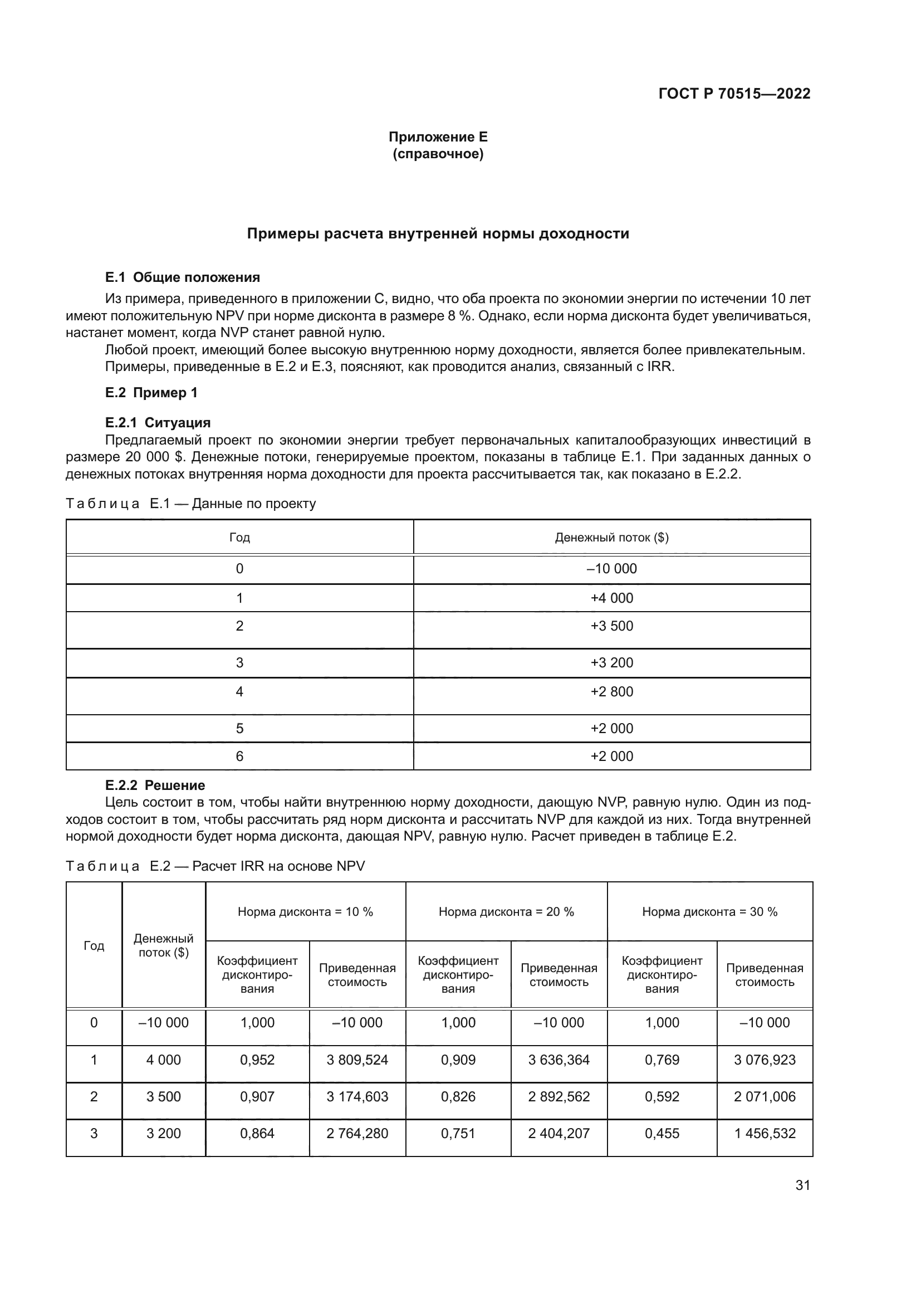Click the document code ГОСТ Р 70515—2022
point(734,94)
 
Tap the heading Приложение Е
point(438,137)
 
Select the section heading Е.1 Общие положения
point(182,277)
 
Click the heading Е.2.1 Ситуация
point(158,422)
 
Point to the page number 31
point(802,1185)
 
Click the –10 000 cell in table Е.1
point(611,569)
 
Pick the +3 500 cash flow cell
point(611,626)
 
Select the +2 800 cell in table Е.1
point(611,691)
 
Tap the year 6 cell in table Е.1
point(239,756)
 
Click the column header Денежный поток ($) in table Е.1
point(611,538)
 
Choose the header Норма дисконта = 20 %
point(506,911)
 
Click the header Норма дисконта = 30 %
point(709,911)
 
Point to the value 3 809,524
point(357,1060)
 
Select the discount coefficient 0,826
point(458,1096)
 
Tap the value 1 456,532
point(765,1133)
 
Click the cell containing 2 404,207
point(559,1133)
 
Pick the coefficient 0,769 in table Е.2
point(662,1060)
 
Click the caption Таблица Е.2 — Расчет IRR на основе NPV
point(215,866)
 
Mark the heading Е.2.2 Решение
point(155,785)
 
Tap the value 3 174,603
point(357,1096)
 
